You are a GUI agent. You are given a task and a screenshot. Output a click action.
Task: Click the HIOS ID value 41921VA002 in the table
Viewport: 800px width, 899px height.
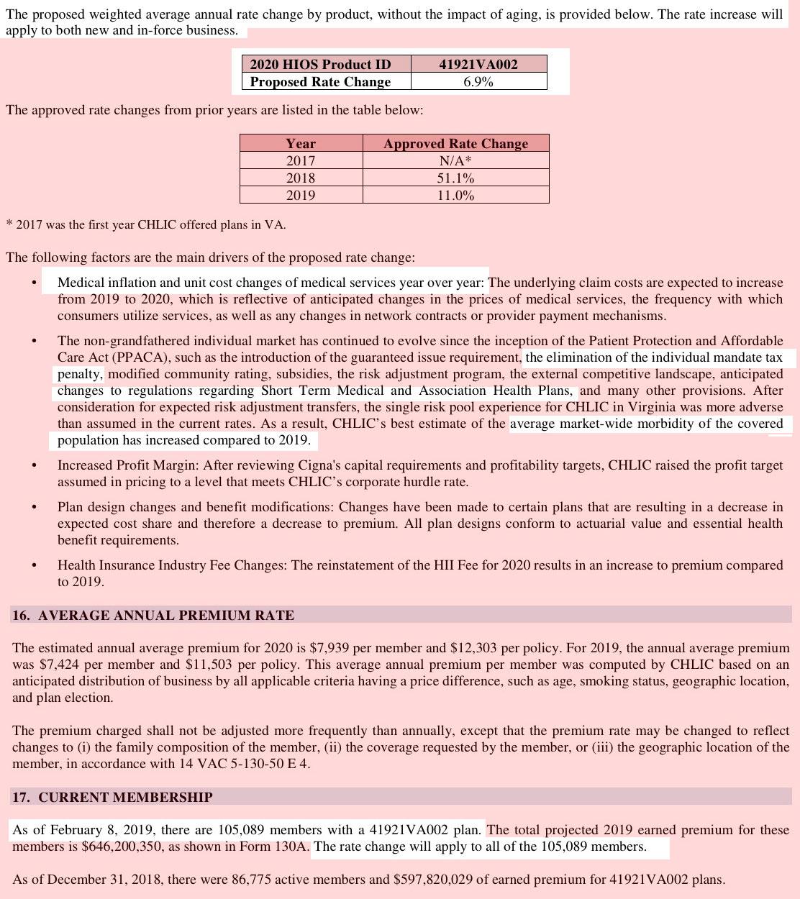(x=478, y=64)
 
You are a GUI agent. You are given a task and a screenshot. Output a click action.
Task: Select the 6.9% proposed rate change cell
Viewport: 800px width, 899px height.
(x=478, y=82)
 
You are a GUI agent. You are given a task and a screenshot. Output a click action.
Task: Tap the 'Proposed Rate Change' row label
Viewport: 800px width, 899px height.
(x=320, y=82)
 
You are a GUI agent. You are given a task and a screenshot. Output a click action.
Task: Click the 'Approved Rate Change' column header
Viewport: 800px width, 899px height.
(x=455, y=144)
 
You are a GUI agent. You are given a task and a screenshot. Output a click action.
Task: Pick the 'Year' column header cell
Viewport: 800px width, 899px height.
(x=301, y=144)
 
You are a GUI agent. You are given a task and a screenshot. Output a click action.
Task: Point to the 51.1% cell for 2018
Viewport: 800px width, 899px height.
(x=455, y=178)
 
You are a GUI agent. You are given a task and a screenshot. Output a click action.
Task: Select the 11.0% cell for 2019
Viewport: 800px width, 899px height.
(x=455, y=196)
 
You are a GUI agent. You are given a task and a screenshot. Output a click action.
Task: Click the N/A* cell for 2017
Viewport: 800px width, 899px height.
(x=455, y=161)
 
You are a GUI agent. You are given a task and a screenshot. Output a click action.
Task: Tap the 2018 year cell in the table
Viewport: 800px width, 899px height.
(x=301, y=178)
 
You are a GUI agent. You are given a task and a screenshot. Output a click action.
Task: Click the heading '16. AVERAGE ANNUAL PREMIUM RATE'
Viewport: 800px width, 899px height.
(x=153, y=616)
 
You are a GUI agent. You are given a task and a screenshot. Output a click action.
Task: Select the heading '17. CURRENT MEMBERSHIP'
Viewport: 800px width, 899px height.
(x=112, y=798)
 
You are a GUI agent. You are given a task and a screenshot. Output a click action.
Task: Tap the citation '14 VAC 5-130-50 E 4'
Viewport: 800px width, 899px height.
(x=243, y=764)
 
